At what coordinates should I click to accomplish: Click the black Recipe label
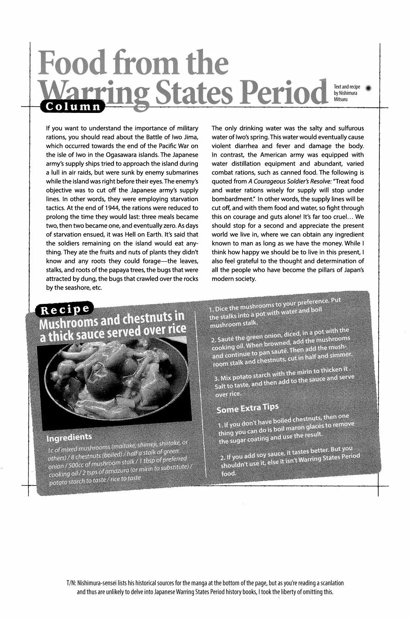(x=64, y=310)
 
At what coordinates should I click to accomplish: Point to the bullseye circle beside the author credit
(x=368, y=88)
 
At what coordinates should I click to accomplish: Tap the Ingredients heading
(x=69, y=437)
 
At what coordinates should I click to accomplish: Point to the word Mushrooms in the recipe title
(x=68, y=324)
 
